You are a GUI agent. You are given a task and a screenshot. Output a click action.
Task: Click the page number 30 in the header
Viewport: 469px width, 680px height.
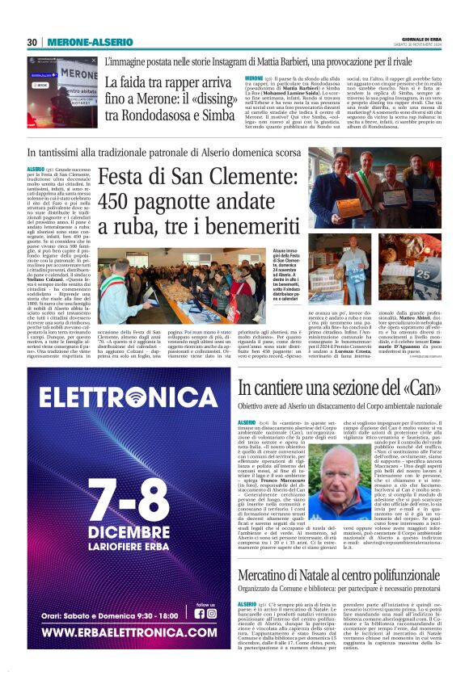(x=32, y=42)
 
